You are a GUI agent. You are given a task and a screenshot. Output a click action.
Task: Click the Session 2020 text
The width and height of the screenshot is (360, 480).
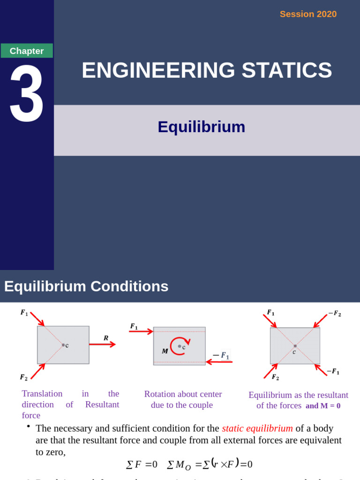(308, 14)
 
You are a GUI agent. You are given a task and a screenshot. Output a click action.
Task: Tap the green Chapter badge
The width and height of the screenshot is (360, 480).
(27, 51)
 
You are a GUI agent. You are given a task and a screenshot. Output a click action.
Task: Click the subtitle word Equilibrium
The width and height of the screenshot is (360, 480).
(201, 127)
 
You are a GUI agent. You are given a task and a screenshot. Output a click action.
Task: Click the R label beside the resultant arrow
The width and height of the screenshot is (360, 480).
(106, 337)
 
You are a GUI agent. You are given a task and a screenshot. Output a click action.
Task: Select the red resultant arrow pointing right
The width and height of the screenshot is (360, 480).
(102, 345)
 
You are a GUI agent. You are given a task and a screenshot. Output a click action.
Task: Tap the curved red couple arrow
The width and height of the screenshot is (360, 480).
(177, 346)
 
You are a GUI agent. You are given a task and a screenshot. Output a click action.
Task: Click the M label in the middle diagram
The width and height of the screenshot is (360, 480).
(165, 351)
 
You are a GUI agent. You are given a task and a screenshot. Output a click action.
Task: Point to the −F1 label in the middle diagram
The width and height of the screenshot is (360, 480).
(221, 356)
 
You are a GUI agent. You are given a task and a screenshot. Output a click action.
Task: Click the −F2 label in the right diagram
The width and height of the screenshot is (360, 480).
(335, 314)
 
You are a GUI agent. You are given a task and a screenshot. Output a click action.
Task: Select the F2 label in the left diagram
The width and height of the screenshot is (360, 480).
(23, 377)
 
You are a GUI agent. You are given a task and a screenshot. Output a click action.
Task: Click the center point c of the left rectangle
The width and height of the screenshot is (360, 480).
(63, 345)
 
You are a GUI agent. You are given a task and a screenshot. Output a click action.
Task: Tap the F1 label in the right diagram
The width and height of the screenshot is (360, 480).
(270, 312)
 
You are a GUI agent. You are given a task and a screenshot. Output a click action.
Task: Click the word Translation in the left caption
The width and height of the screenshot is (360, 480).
(42, 394)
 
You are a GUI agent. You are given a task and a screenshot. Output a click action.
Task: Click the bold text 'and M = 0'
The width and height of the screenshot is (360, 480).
(323, 406)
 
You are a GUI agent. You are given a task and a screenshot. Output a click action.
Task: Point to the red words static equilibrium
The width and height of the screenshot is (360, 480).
(257, 428)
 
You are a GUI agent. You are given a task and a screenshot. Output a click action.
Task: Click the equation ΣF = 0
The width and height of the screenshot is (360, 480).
(142, 465)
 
